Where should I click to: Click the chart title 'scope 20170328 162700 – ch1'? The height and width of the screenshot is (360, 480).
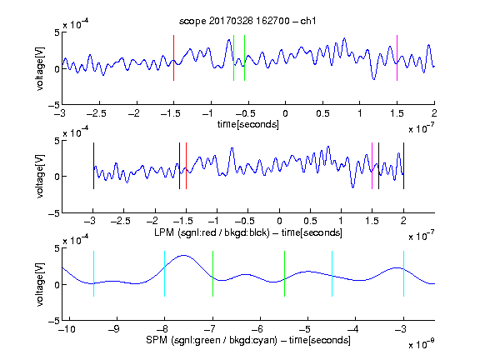(x=247, y=21)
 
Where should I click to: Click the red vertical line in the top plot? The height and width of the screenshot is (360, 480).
(x=173, y=57)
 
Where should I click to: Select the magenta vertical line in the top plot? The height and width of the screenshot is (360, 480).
(x=397, y=57)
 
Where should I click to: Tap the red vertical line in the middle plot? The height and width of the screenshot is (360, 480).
(x=186, y=166)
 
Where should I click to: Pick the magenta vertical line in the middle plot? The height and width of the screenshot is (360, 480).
(x=372, y=166)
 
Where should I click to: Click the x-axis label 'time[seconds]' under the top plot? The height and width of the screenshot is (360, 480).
(x=248, y=124)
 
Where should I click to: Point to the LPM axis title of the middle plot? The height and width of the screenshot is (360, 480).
(x=248, y=232)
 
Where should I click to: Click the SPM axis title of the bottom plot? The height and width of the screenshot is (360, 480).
(x=248, y=340)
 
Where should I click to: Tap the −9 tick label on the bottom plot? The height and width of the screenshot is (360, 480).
(x=114, y=329)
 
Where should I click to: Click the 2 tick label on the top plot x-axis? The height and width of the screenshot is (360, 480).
(x=434, y=113)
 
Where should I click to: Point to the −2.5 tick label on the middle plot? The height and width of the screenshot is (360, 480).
(x=121, y=221)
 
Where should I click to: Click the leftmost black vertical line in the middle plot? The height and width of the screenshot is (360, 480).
(x=93, y=166)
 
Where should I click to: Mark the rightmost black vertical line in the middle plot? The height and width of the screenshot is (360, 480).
(x=403, y=166)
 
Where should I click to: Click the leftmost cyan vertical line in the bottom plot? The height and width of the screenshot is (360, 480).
(x=93, y=273)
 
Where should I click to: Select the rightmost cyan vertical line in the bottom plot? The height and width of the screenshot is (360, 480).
(x=403, y=273)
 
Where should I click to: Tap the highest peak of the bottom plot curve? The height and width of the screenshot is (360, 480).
(x=183, y=255)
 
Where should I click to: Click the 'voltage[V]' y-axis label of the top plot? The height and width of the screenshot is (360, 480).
(x=40, y=68)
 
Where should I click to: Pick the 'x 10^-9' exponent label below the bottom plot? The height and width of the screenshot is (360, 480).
(x=421, y=344)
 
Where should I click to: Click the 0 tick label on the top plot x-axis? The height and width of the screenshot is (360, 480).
(x=285, y=113)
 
